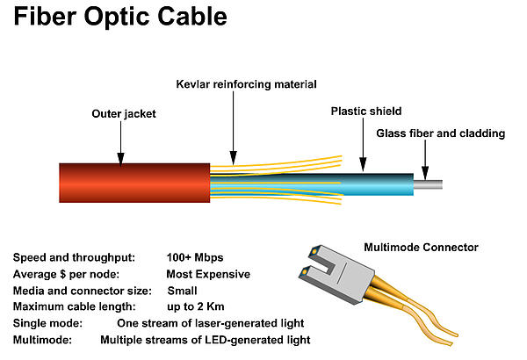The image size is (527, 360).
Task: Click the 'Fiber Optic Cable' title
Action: coord(120,18)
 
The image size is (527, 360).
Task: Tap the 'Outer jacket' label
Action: coord(124,114)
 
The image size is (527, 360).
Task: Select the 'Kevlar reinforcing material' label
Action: coord(246,84)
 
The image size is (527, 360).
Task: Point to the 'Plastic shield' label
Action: coord(366,112)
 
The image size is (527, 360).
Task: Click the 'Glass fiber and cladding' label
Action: coord(441,133)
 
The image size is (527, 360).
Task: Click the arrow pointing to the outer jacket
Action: coord(120,143)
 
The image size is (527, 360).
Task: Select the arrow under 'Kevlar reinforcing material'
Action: coord(234,128)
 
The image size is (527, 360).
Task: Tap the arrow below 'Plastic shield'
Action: coord(363,145)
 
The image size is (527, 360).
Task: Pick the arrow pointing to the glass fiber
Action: coord(425,160)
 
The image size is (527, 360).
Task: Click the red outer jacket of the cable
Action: coord(134,183)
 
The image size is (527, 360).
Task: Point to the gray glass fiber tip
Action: coord(428,184)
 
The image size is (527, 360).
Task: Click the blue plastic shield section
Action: coord(377,184)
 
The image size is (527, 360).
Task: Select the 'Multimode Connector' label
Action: coord(421,248)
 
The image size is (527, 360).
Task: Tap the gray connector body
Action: coord(336,274)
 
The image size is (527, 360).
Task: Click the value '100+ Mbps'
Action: coord(195,258)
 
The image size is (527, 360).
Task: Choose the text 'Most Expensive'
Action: coord(208,274)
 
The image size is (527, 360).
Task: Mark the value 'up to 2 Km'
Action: coord(196,306)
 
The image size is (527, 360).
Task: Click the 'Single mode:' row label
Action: coord(47,323)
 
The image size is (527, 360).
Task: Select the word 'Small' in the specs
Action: coord(182,291)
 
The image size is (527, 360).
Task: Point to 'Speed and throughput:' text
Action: coord(74,258)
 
